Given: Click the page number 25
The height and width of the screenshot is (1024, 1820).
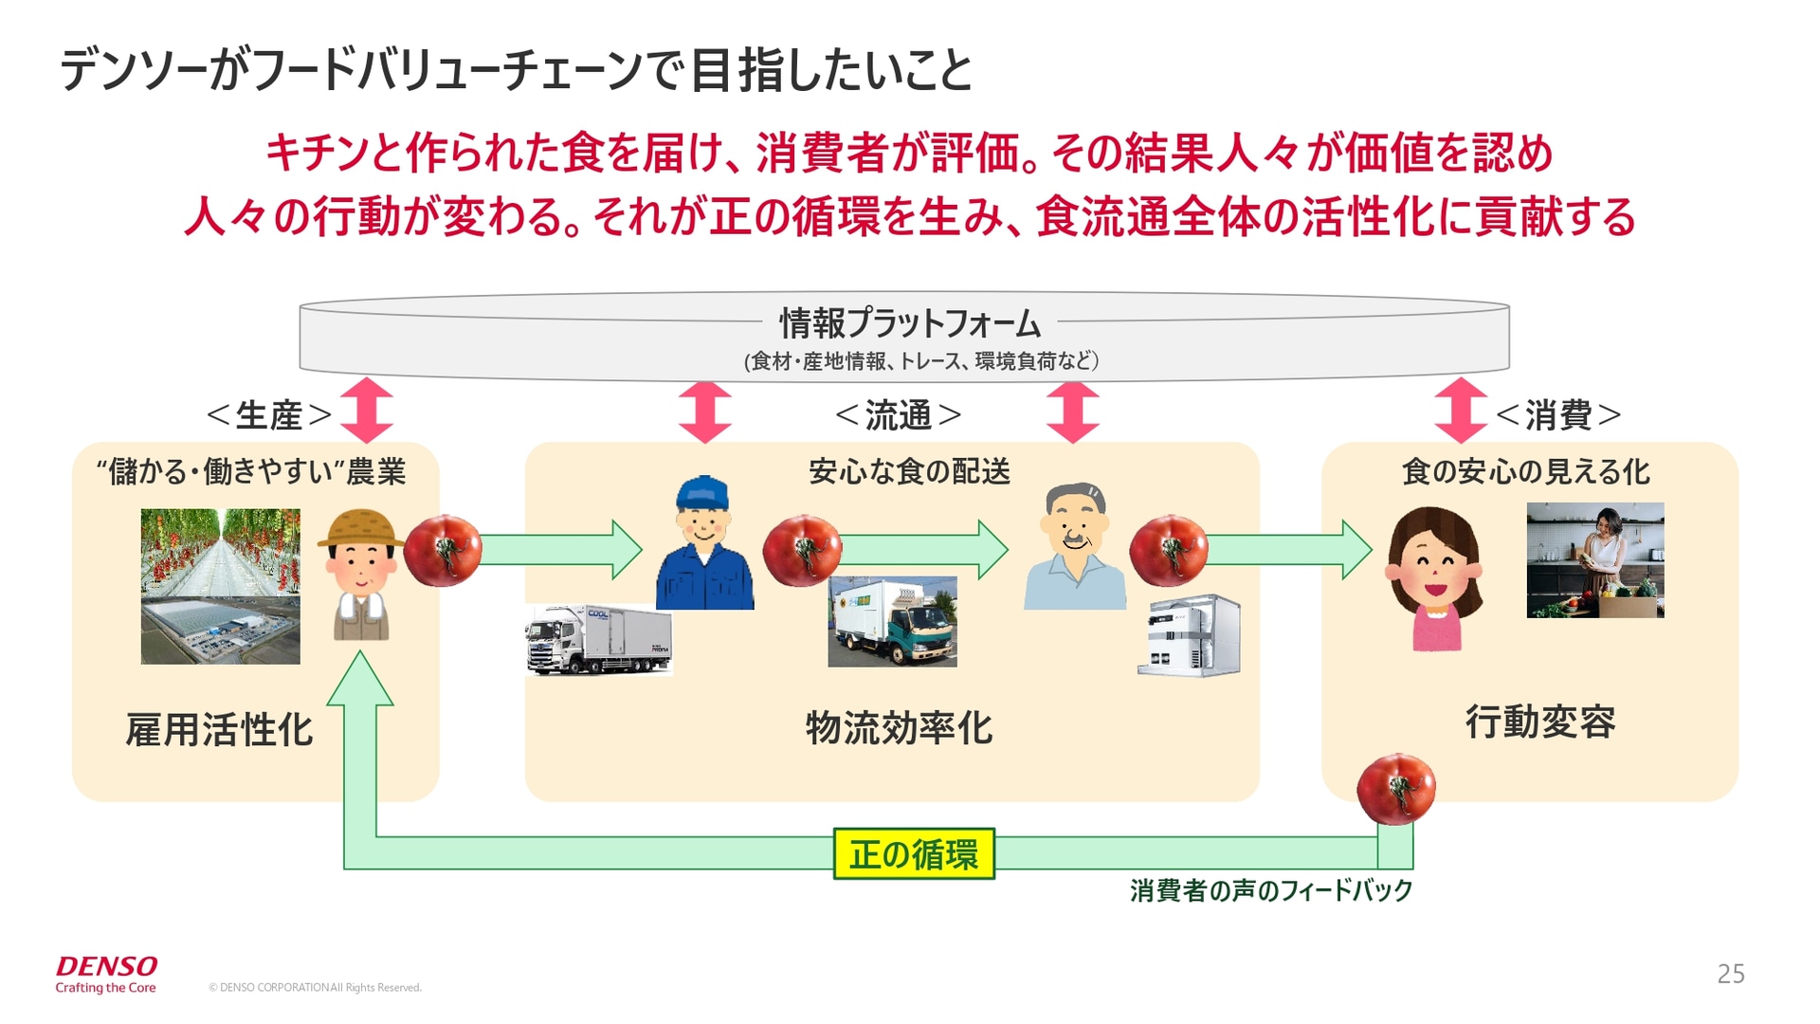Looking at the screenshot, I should click(1730, 974).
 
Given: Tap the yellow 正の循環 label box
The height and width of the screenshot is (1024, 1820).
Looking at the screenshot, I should click(913, 854).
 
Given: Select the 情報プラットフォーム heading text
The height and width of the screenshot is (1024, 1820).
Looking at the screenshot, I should click(909, 324).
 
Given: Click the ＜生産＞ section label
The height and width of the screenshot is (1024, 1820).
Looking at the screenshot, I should click(269, 415).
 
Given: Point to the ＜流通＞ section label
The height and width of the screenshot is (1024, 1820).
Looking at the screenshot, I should click(898, 415).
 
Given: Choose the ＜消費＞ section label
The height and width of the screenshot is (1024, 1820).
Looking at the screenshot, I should click(1557, 415).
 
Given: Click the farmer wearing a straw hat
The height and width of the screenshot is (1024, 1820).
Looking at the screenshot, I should click(361, 575).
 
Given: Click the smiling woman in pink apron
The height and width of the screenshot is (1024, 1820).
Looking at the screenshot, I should click(1434, 577).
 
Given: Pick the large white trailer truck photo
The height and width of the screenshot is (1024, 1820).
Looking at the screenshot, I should click(598, 639).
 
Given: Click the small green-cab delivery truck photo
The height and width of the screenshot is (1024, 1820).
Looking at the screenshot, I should click(892, 622).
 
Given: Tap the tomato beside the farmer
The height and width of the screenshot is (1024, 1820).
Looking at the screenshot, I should click(443, 550).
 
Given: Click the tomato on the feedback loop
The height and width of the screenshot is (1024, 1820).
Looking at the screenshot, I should click(1395, 789).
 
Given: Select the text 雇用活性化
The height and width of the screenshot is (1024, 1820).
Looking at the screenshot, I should click(219, 730).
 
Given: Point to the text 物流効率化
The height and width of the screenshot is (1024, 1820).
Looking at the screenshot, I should click(899, 728).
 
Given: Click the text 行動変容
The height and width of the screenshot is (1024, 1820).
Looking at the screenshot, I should click(1540, 722).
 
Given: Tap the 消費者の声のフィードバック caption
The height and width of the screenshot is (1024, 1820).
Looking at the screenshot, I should click(1270, 890).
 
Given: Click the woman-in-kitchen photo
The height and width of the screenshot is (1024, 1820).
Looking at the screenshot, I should click(1594, 560).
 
